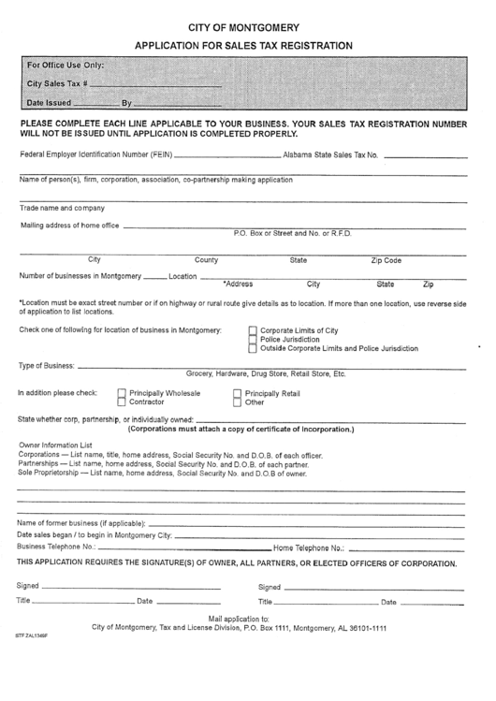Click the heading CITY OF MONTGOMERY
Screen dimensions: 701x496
243,27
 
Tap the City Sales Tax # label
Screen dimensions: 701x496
58,84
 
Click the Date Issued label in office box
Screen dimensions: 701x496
48,103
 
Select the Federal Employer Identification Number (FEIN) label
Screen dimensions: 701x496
95,154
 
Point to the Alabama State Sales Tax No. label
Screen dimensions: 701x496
331,154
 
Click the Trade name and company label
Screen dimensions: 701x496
62,208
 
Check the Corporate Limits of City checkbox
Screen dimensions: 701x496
253,330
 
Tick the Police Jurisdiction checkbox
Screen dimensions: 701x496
253,340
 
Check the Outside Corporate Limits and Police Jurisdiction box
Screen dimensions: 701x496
253,349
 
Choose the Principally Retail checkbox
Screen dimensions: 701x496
237,394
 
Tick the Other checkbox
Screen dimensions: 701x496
237,402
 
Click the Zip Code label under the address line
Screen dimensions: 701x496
387,260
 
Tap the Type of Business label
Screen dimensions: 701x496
47,365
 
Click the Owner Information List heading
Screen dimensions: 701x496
56,445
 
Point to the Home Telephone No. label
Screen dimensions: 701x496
309,547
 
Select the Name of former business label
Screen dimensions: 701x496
81,522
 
